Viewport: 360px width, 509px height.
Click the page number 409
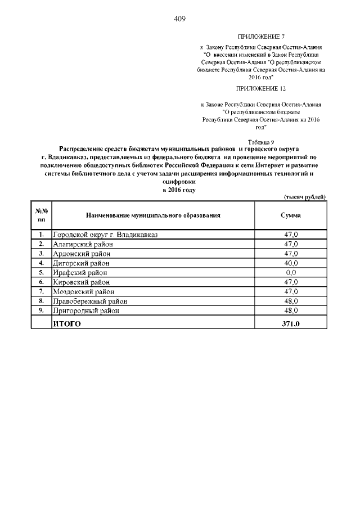179,19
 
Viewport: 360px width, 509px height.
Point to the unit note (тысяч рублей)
303,196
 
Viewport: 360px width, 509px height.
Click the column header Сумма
290,215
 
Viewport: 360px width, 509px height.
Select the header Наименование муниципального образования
152,215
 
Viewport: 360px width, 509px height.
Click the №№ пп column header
41,215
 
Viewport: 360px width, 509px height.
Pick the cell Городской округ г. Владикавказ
106,234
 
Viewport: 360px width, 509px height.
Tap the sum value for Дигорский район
290,263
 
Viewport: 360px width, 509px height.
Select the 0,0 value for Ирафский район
290,272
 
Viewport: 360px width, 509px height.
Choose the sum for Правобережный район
290,301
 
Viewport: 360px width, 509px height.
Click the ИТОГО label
67,323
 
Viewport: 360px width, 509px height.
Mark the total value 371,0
290,323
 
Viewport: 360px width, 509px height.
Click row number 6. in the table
41,282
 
